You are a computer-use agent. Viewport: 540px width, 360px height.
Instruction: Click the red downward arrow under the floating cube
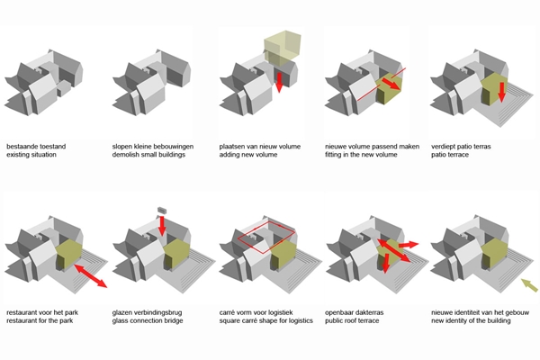279,84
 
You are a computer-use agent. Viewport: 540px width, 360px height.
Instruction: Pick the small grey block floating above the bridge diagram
163,209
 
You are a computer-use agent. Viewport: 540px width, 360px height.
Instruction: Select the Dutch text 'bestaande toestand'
36,146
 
